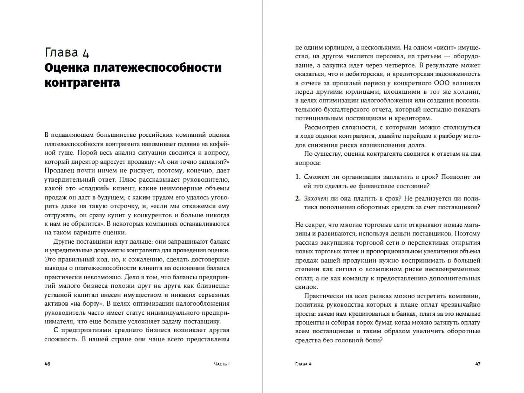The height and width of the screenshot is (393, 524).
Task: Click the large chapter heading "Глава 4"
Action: (x=67, y=52)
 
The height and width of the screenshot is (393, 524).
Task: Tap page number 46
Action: (x=47, y=364)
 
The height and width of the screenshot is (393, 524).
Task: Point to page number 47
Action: (x=478, y=364)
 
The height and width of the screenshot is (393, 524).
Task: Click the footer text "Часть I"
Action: (x=221, y=364)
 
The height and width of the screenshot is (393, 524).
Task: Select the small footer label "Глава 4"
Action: (x=303, y=364)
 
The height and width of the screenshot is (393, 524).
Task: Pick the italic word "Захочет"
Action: (x=316, y=198)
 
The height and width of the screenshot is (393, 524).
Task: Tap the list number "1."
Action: (x=298, y=177)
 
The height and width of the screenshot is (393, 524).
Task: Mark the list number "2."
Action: (x=298, y=198)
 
